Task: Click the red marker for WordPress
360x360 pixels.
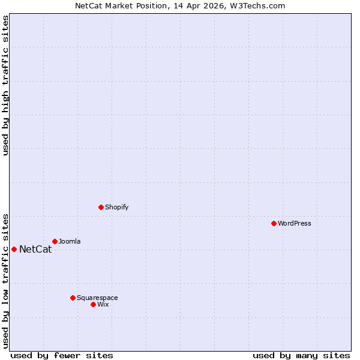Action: pyautogui.click(x=274, y=223)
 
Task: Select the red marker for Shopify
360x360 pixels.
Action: pyautogui.click(x=101, y=207)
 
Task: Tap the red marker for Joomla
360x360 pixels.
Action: pyautogui.click(x=55, y=241)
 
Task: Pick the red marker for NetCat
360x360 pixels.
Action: pyautogui.click(x=14, y=249)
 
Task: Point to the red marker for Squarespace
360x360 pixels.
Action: pyautogui.click(x=73, y=298)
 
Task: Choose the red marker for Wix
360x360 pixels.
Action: pyautogui.click(x=93, y=304)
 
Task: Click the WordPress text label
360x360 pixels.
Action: pyautogui.click(x=295, y=223)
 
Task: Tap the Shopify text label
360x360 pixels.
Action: pyautogui.click(x=116, y=207)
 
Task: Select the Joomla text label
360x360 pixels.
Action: pyautogui.click(x=70, y=241)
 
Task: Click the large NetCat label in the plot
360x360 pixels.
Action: pyautogui.click(x=35, y=250)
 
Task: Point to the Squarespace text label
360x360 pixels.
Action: pyautogui.click(x=97, y=298)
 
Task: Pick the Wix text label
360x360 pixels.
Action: pyautogui.click(x=103, y=304)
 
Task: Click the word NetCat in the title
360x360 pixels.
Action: pyautogui.click(x=88, y=6)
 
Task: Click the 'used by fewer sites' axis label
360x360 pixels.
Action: pyautogui.click(x=62, y=355)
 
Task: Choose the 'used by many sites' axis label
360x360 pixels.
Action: pyautogui.click(x=301, y=355)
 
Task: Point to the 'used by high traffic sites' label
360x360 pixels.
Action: pyautogui.click(x=6, y=85)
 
